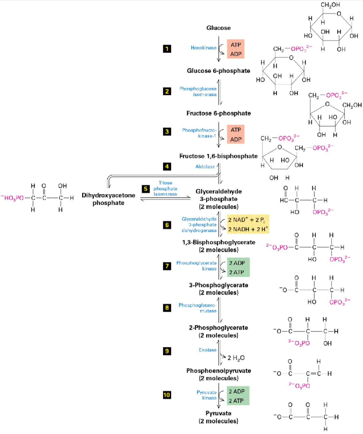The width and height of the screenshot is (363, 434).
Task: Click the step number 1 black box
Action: point(167,49)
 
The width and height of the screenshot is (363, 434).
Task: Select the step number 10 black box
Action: point(167,395)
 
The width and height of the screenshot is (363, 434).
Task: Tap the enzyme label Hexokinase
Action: point(203,48)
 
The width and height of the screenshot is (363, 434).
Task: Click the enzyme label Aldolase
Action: point(205,167)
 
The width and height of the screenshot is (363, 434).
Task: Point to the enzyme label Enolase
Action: point(208,350)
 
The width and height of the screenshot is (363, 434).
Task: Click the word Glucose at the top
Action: point(219,28)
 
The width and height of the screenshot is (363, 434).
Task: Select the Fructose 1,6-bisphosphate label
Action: point(219,156)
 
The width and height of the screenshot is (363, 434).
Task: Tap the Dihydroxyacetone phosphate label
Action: point(108,199)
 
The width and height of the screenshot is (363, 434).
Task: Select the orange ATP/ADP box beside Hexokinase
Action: point(236,49)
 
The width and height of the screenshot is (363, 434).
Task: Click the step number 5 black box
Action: point(146,189)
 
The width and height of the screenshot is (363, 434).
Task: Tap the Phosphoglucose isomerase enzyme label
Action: point(198,92)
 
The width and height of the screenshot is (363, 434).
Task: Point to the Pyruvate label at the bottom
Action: point(219,413)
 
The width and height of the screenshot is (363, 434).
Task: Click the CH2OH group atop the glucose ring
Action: point(330,5)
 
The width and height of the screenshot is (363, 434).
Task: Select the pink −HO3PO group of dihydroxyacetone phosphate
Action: point(13,198)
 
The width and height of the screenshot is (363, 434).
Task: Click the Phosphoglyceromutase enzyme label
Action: point(198,308)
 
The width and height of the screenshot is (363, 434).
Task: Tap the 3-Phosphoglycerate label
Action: point(219,285)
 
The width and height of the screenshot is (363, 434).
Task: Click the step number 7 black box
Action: point(167,266)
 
